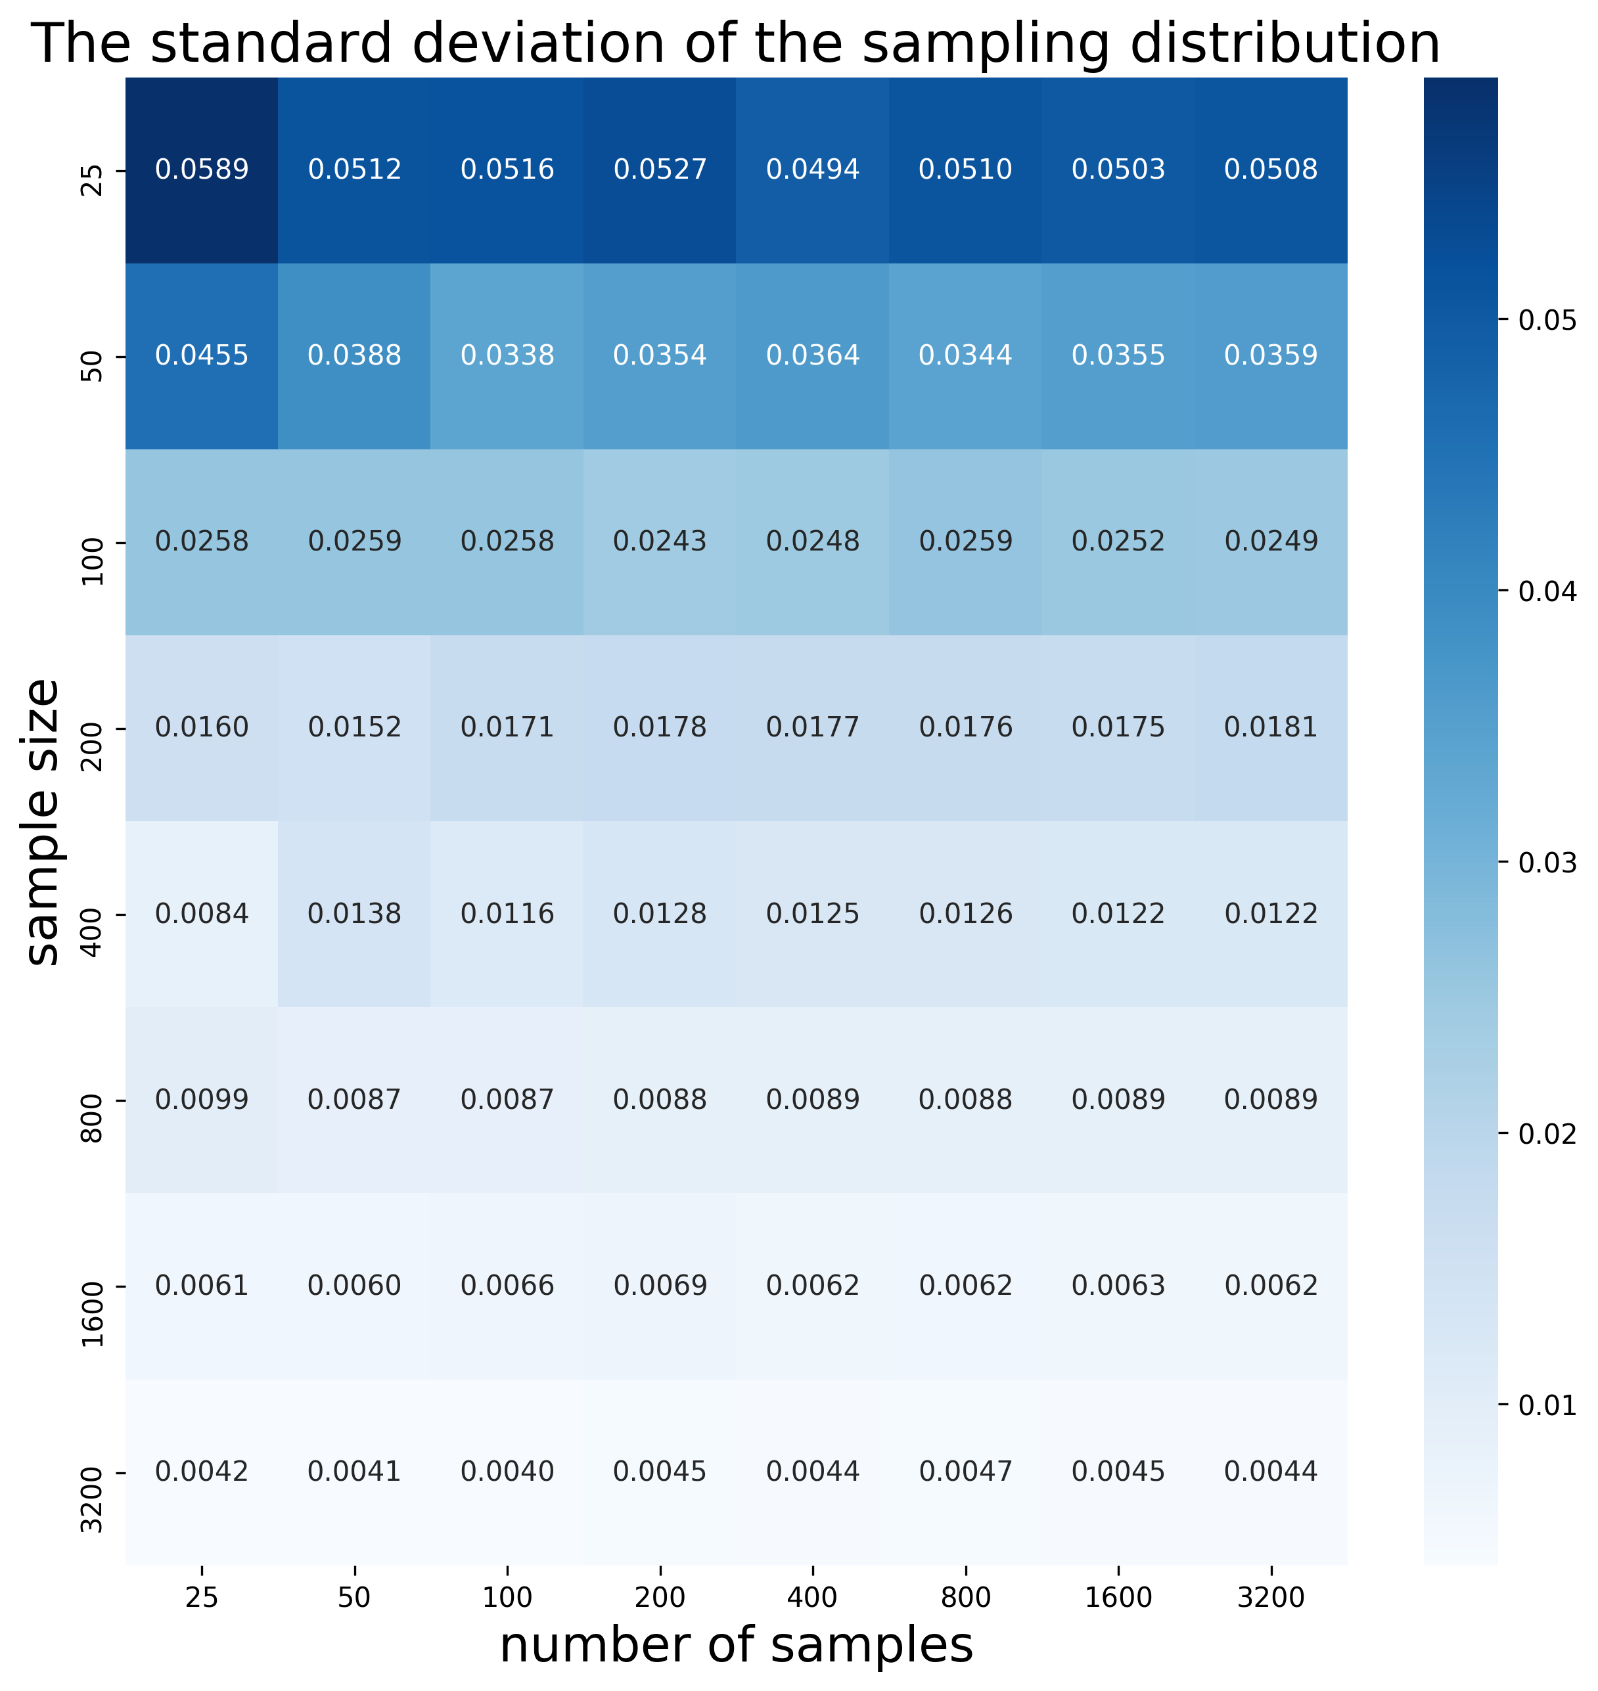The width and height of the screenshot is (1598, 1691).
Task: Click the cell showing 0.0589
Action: click(x=202, y=169)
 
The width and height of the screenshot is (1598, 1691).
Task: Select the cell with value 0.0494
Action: click(x=813, y=169)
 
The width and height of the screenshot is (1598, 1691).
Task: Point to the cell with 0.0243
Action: click(x=660, y=541)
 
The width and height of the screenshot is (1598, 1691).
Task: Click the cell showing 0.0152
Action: click(x=354, y=727)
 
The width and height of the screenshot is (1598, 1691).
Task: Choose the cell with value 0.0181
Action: click(x=1271, y=727)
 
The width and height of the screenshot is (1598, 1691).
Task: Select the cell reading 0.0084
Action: click(x=202, y=914)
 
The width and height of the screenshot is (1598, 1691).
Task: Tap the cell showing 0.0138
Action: click(x=354, y=914)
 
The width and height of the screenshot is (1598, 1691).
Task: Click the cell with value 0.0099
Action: click(x=202, y=1099)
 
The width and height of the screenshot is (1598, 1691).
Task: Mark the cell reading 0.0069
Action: click(x=660, y=1285)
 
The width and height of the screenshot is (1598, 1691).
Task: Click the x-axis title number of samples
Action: click(x=736, y=1645)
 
